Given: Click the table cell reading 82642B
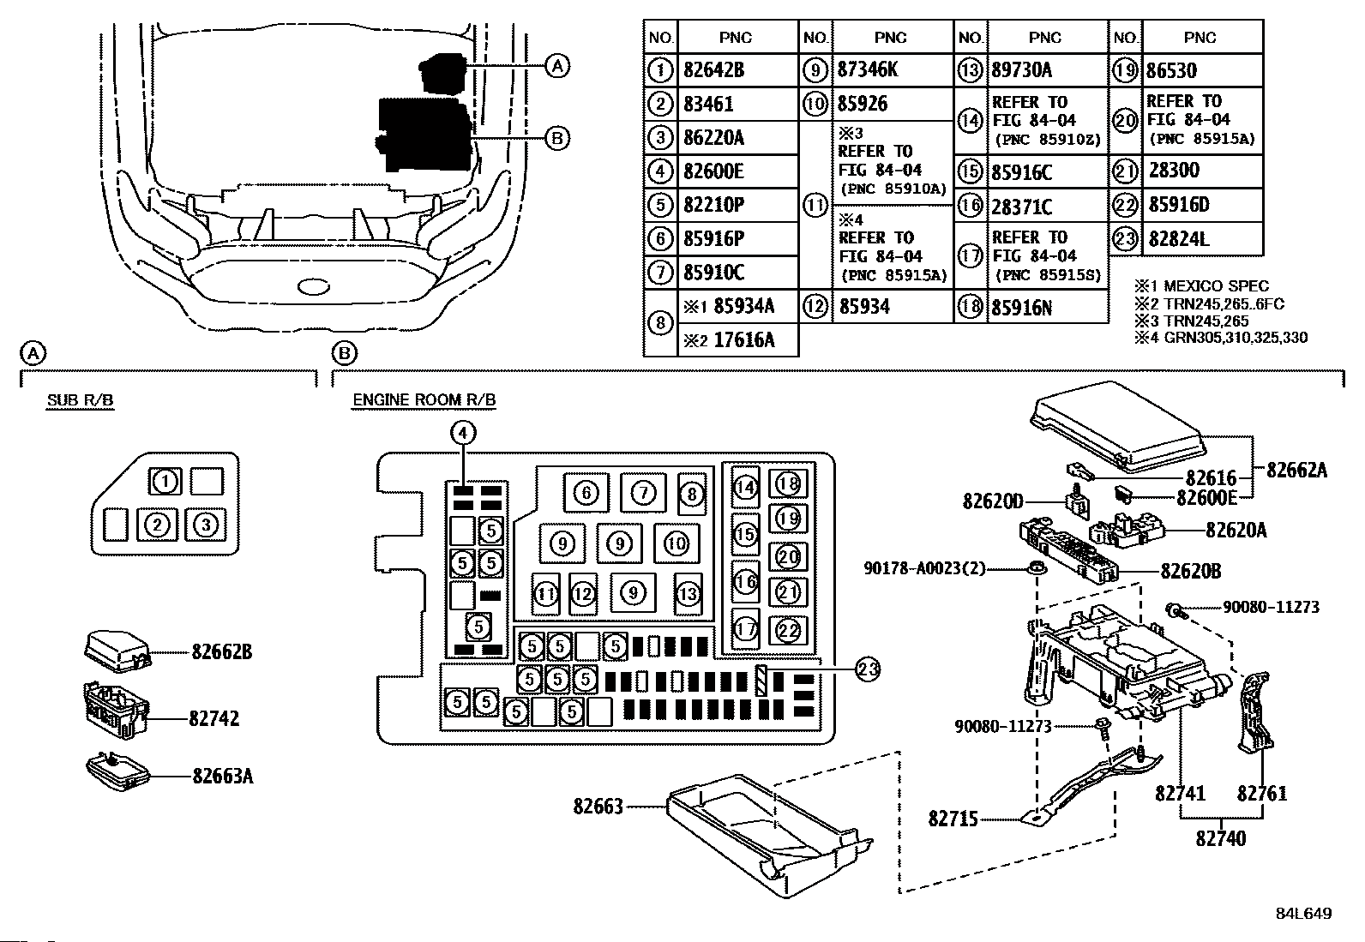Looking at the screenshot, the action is point(713,70).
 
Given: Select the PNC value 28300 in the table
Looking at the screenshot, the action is point(1174,170).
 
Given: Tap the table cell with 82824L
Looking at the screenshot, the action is point(1179,239).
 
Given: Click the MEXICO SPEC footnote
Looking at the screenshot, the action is point(1202,285).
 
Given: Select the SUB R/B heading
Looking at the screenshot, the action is point(81,400).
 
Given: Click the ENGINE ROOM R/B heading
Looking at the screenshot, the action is point(424,399).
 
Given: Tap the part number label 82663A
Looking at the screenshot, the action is point(222,776).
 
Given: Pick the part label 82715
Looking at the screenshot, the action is point(953,819).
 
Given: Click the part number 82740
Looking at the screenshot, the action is point(1221,838).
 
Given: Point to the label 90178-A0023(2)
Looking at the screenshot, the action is point(924,568).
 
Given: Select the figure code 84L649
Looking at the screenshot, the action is point(1304,914).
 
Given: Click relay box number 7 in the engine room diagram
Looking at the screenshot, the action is point(644,492).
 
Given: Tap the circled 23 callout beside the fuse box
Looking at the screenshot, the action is point(868,669).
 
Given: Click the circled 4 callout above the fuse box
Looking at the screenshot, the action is point(463,433).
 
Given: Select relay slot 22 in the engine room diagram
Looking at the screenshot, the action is point(788,630).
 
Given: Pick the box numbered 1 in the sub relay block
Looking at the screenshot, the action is point(165,482).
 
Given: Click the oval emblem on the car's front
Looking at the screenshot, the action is point(313,286).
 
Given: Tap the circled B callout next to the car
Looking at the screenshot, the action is point(557,139).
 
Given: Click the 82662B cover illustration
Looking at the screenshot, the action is point(117,651).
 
